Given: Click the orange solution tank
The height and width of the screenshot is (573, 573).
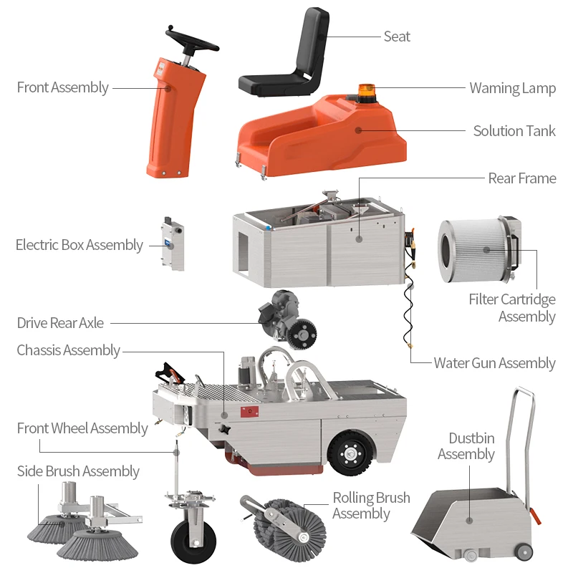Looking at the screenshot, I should click(x=322, y=136).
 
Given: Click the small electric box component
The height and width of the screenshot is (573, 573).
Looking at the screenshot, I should click(x=173, y=245).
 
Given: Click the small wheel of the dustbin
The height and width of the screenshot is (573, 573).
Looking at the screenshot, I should click(x=524, y=552).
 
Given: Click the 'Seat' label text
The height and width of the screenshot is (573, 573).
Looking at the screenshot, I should click(x=397, y=37).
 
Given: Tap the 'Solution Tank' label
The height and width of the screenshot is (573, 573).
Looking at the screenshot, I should click(x=514, y=131).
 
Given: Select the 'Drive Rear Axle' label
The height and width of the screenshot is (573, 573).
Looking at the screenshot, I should click(x=60, y=323).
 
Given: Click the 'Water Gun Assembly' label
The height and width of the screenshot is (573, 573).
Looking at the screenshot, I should click(x=494, y=363).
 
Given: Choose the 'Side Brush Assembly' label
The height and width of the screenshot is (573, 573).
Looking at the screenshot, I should click(x=78, y=471).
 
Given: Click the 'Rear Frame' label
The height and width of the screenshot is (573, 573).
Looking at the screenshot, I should click(x=521, y=178).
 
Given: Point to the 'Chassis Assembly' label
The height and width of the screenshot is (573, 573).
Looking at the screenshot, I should click(x=68, y=350).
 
